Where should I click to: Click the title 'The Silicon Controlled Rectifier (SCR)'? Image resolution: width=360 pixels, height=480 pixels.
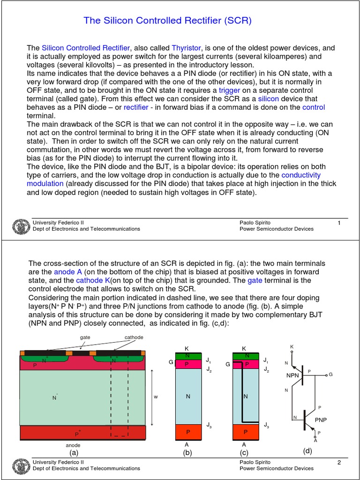(167, 21)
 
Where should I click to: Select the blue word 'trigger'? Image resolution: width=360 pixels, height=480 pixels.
(229, 90)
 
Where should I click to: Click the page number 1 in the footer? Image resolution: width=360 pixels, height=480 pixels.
(338, 223)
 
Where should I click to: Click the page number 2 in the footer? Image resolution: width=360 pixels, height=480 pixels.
(338, 463)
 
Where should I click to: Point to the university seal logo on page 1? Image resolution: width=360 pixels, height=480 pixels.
(19, 226)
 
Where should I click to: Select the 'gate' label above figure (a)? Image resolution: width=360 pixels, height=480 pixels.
(85, 337)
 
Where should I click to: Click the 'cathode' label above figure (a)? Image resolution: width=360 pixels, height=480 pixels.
(134, 337)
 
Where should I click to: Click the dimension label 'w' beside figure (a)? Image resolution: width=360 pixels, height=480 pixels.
(156, 397)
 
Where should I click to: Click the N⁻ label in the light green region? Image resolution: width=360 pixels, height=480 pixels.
(55, 397)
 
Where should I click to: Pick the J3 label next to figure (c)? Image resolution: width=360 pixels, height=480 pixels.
(266, 425)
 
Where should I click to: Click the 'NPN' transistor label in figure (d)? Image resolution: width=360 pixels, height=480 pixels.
(292, 375)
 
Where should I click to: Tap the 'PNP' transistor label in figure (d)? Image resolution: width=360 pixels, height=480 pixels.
(321, 420)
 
